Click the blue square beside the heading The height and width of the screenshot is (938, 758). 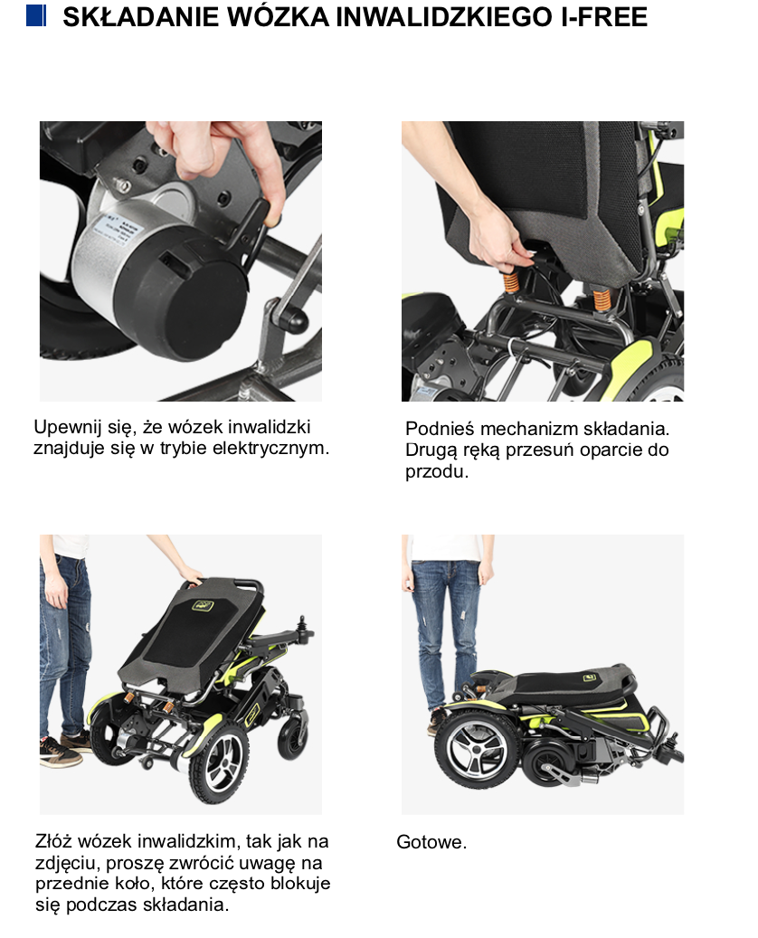click(x=36, y=15)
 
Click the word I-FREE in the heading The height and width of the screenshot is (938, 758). click(x=604, y=17)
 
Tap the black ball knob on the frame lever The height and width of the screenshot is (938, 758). click(x=297, y=320)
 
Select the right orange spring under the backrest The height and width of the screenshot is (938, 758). click(x=602, y=298)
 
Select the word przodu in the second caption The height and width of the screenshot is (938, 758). click(x=435, y=471)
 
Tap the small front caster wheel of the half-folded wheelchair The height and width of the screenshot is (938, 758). click(x=293, y=737)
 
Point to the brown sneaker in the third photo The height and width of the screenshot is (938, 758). click(x=60, y=752)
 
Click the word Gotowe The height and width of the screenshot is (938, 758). click(x=431, y=842)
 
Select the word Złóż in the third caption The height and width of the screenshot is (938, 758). click(x=54, y=841)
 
